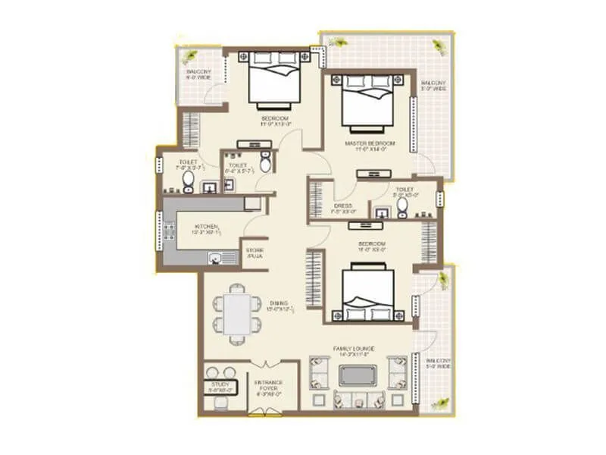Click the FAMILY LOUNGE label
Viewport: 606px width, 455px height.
(355, 350)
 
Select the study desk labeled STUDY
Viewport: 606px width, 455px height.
(220, 388)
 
